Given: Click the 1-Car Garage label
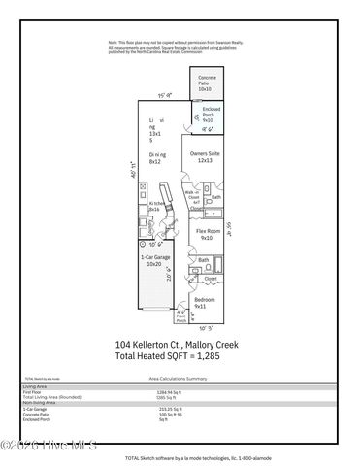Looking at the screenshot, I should pos(152,260).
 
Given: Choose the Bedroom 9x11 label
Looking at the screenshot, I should pos(205,303).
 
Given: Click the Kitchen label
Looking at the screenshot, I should pos(154,207).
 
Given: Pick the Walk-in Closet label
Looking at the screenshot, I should pos(192,197).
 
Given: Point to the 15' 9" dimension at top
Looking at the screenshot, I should pos(166,95).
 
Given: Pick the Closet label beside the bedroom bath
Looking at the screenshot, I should pos(211,279).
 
